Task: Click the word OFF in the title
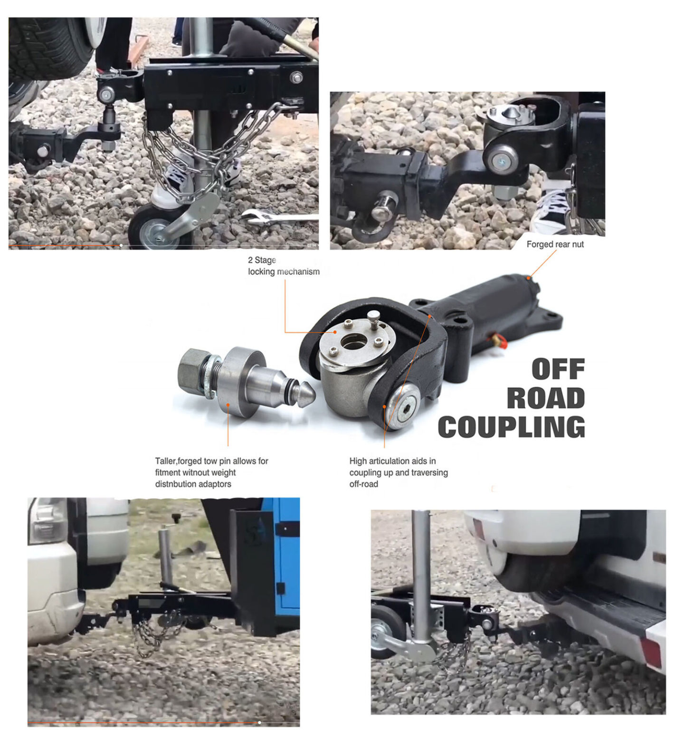(558, 369)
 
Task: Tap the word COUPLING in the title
(511, 427)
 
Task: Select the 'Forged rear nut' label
(555, 244)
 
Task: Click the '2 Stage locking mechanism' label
(284, 266)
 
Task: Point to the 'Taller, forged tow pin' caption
(211, 472)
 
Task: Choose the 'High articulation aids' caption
(398, 472)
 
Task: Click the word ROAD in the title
(545, 398)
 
